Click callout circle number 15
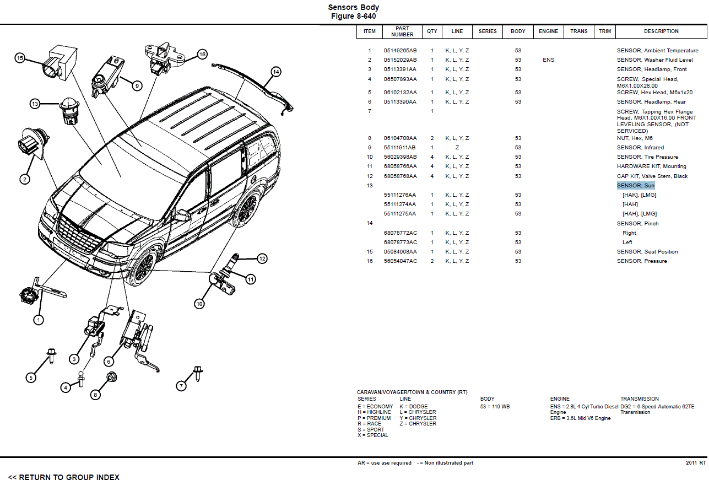[20, 57]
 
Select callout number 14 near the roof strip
[275, 72]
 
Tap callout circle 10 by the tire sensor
[199, 303]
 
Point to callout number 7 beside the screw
[181, 386]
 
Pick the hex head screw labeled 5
[51, 355]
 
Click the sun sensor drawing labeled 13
[69, 109]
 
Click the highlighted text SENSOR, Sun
[635, 186]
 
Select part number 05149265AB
[400, 51]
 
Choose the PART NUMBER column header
[402, 31]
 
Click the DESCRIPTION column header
[661, 31]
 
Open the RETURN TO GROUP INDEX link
[63, 477]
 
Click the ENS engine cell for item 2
[548, 60]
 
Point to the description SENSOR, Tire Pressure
[647, 157]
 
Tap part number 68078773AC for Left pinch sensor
[400, 242]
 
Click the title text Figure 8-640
[353, 17]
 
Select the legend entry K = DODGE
[413, 407]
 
